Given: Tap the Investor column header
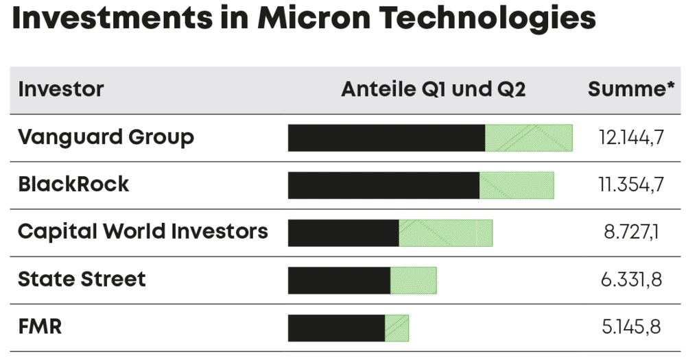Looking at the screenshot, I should (x=61, y=89).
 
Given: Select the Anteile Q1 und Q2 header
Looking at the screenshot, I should (x=433, y=89).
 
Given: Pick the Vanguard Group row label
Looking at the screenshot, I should (x=106, y=137).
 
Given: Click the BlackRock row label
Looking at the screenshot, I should (x=73, y=184).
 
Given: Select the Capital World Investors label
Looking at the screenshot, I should (x=143, y=232).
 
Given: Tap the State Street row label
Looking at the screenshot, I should (x=82, y=279).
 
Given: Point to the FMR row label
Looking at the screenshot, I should (x=40, y=327).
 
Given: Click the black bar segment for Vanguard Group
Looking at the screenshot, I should (x=386, y=138).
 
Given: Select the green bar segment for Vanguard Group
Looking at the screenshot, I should (x=528, y=138).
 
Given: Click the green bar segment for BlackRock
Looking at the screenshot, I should (x=517, y=185).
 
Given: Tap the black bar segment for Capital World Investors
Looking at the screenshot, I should (x=343, y=233).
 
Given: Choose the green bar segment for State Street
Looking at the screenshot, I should (x=413, y=280).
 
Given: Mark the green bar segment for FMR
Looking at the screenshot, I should (x=397, y=328).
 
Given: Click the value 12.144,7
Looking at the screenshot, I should (x=630, y=138).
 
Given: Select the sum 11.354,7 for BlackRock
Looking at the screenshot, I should (x=630, y=185).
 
